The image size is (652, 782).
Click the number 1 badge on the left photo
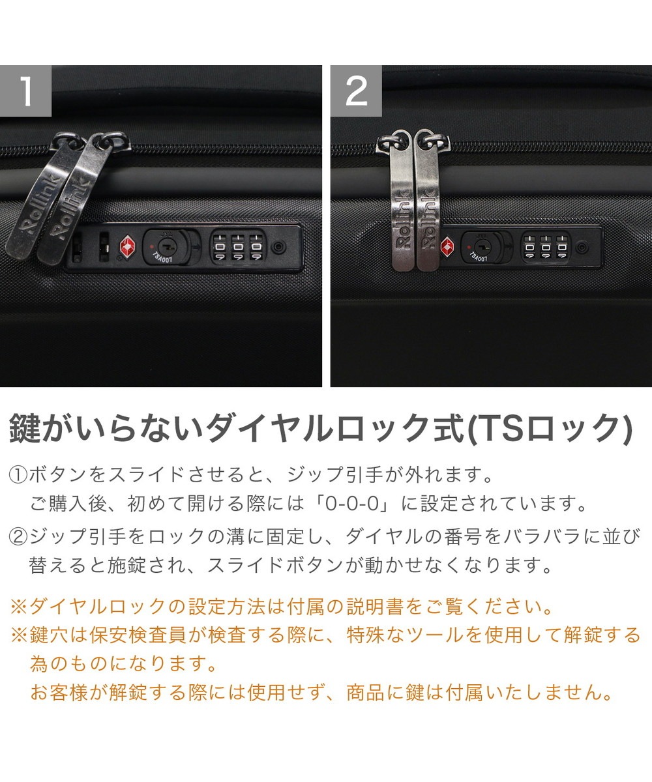(x=25, y=91)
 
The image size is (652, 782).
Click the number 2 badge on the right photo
(x=356, y=91)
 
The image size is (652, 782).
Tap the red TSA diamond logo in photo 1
(x=127, y=246)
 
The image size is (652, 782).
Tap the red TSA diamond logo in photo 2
(x=447, y=247)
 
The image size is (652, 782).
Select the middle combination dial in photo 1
(x=238, y=247)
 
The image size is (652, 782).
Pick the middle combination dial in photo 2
(x=546, y=247)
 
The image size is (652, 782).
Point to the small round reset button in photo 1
(x=278, y=247)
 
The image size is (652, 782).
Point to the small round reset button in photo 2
(x=581, y=247)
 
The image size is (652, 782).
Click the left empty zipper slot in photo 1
(x=77, y=247)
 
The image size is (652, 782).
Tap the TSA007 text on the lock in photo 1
(x=162, y=257)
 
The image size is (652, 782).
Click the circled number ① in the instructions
(x=18, y=475)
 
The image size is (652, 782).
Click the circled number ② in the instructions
(x=18, y=536)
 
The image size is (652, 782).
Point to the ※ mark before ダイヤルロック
(x=19, y=607)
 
